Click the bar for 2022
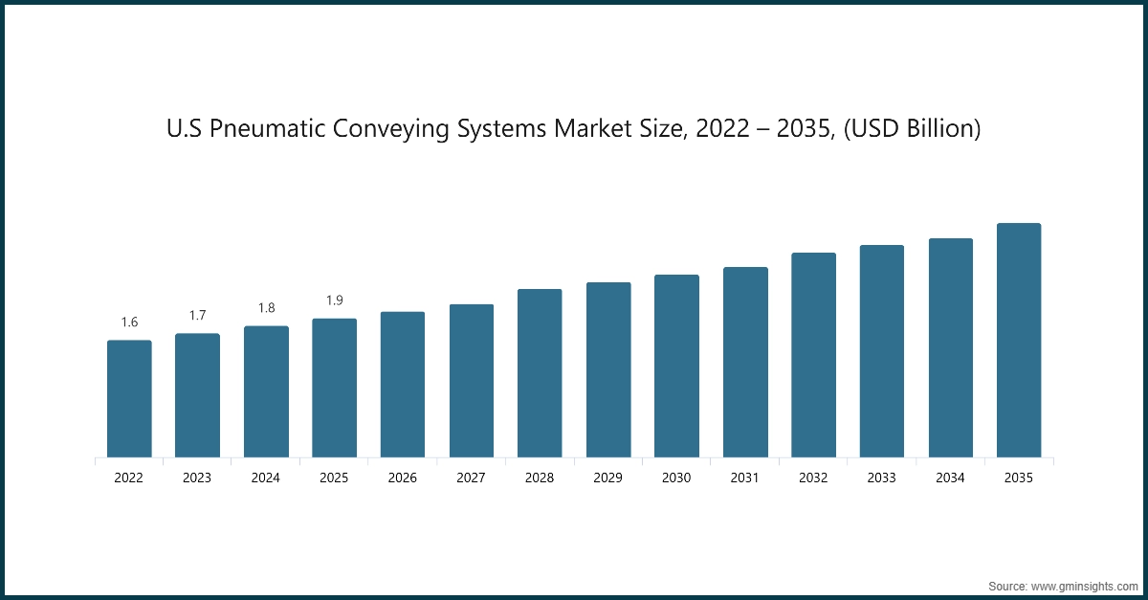coord(129,399)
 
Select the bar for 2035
coord(1019,341)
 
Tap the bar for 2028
coord(540,373)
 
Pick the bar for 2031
coord(745,363)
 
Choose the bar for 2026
coord(403,385)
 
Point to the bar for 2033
coord(882,351)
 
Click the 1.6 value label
coord(129,322)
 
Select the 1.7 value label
coord(197,316)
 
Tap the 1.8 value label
coord(266,308)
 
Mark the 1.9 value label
coord(335,300)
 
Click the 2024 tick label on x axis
coord(266,478)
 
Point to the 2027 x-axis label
coord(472,478)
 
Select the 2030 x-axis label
coord(676,478)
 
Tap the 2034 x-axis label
coord(950,478)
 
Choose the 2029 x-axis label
coord(608,478)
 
